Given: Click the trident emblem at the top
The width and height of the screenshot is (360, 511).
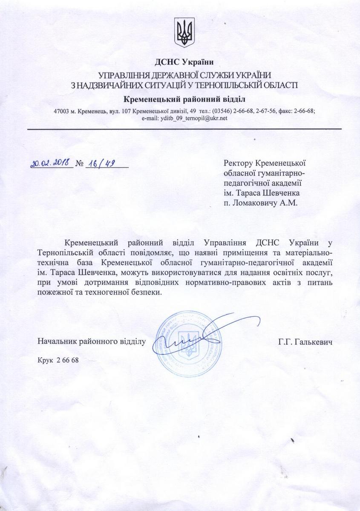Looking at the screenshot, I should click(184, 33).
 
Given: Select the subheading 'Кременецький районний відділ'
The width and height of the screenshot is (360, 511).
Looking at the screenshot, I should click(184, 99).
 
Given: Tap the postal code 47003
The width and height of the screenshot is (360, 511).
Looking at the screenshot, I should click(62, 111).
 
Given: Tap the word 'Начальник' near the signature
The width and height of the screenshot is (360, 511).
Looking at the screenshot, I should click(55, 342).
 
